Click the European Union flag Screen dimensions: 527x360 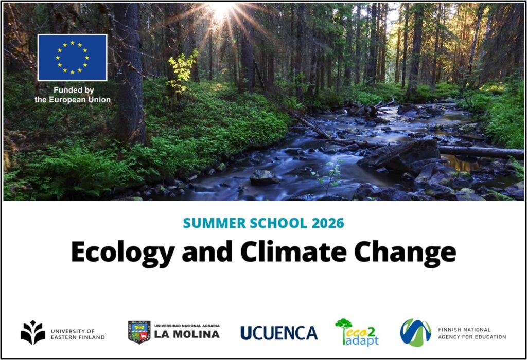coord(72,58)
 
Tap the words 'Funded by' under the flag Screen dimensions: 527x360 coord(74,90)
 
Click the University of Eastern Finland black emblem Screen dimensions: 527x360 coord(32,332)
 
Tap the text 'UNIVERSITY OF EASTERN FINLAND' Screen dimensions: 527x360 coord(78,334)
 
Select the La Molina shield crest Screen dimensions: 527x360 coord(139,332)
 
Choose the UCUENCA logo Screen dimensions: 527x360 coord(279,333)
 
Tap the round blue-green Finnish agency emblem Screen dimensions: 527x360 coord(415,332)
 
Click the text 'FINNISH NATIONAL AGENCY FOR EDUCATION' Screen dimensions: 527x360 coord(472,333)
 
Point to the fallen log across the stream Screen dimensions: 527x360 coord(481,152)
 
